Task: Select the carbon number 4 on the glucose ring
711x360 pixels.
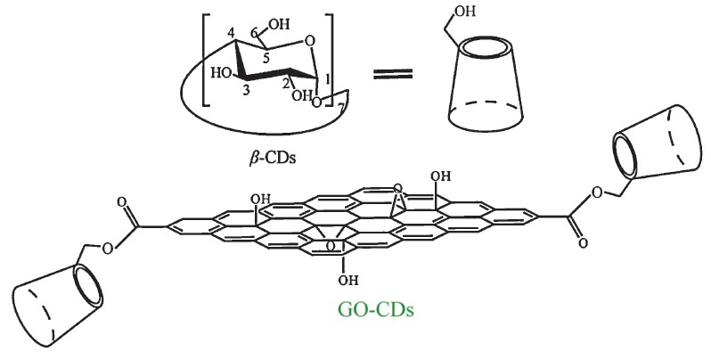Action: [x=230, y=36]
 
